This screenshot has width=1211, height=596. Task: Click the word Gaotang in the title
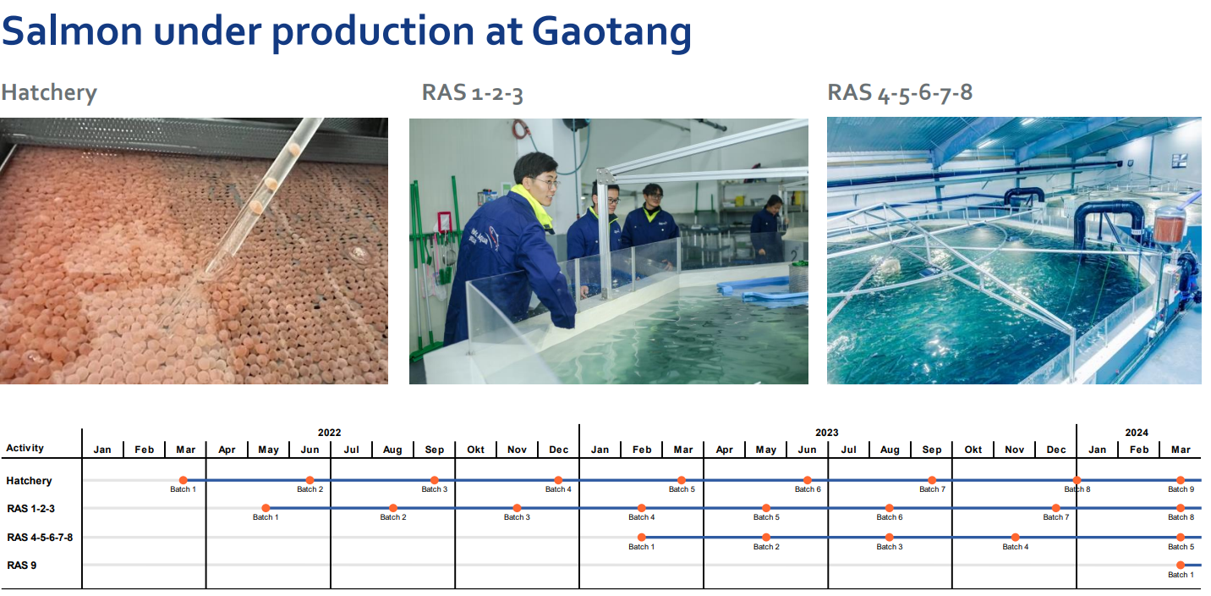pyautogui.click(x=611, y=31)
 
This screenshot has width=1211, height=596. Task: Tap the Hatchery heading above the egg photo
pyautogui.click(x=49, y=92)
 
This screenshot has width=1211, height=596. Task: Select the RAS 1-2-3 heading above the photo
pyautogui.click(x=472, y=92)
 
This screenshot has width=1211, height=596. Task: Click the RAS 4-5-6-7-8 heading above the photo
pyautogui.click(x=900, y=92)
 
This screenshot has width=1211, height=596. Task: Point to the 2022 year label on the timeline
pyautogui.click(x=329, y=433)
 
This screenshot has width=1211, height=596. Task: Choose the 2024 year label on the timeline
pyautogui.click(x=1137, y=433)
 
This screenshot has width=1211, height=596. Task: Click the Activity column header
pyautogui.click(x=25, y=448)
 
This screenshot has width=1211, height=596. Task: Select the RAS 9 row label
pyautogui.click(x=22, y=566)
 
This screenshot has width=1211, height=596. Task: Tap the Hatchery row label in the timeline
pyautogui.click(x=30, y=481)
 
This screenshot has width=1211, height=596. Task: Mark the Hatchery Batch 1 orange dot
pyautogui.click(x=184, y=480)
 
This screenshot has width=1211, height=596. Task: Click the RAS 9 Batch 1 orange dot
pyautogui.click(x=1181, y=566)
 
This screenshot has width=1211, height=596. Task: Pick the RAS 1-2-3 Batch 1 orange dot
pyautogui.click(x=266, y=508)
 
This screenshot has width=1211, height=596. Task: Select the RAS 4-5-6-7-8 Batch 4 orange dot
pyautogui.click(x=1016, y=538)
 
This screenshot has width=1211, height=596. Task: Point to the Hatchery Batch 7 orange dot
pyautogui.click(x=932, y=480)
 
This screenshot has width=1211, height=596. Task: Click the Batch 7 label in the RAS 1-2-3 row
pyautogui.click(x=1056, y=517)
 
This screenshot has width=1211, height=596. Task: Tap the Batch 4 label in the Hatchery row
pyautogui.click(x=558, y=489)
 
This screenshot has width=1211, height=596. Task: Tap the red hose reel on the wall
pyautogui.click(x=521, y=129)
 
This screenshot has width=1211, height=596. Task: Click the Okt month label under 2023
pyautogui.click(x=973, y=450)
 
